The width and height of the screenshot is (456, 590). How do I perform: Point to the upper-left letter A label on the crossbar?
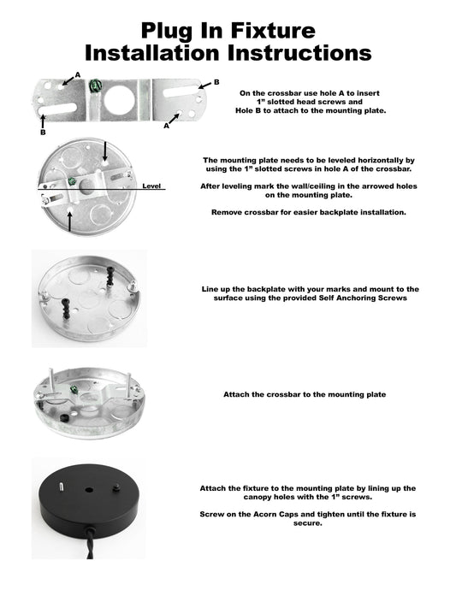[78, 75]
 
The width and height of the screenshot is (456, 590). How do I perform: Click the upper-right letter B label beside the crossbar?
[216, 82]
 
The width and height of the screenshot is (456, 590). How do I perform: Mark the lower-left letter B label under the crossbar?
[42, 133]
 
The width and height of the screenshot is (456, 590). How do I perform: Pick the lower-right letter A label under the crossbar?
[166, 125]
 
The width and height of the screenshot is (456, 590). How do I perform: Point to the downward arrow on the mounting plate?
[105, 152]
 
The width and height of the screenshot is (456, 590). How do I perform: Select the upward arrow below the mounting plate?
[68, 218]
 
